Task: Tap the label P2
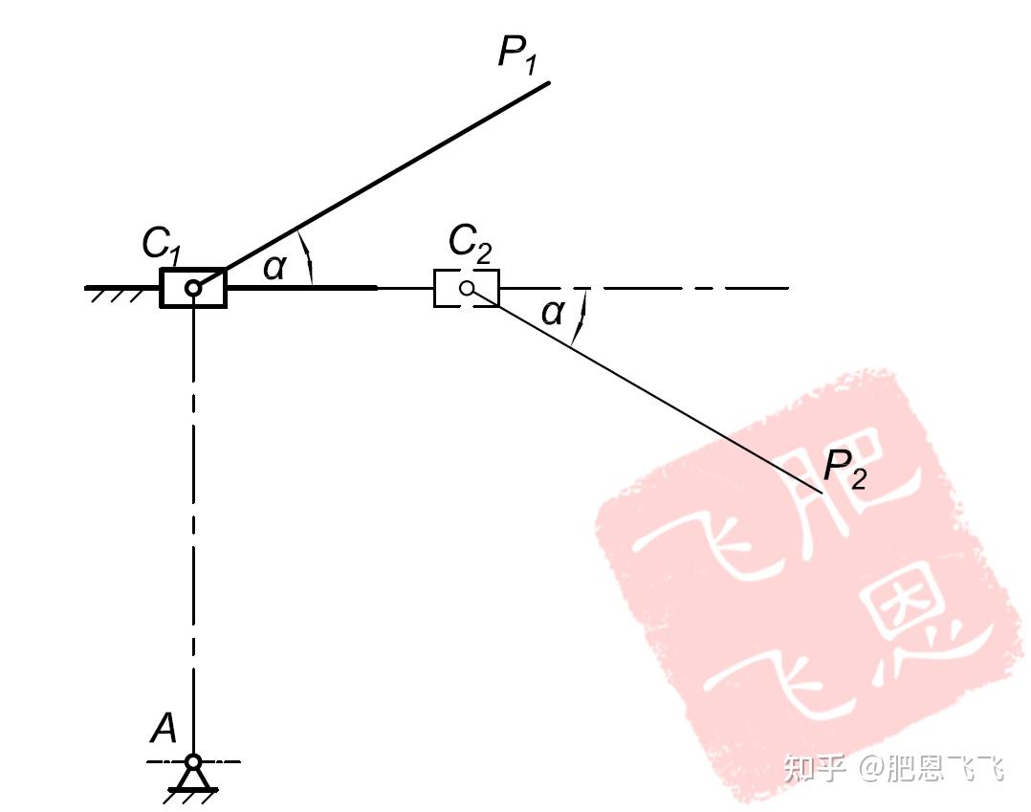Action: (845, 469)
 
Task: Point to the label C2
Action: (470, 245)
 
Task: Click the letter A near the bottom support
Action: (165, 731)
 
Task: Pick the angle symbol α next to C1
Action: (274, 268)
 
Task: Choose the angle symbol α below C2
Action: (553, 312)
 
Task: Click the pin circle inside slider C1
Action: (193, 288)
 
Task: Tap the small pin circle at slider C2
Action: (467, 288)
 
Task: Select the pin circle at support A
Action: (193, 762)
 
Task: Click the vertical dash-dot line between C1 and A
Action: (193, 526)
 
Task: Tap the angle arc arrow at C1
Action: (307, 256)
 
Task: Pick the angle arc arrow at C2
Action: (580, 316)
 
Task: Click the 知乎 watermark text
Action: (815, 767)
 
